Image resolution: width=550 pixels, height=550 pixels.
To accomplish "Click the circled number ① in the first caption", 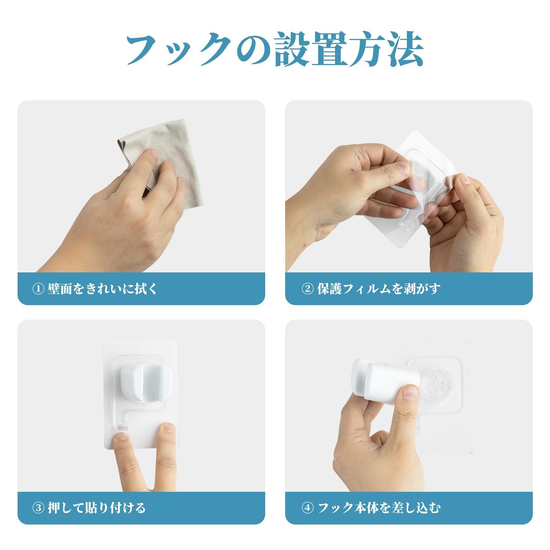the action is point(38,289).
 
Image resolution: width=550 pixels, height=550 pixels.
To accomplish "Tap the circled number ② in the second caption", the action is point(307,289).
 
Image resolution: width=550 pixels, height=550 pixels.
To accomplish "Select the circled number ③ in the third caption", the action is point(38,508).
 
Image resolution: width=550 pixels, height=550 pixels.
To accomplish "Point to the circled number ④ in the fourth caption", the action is point(307,508).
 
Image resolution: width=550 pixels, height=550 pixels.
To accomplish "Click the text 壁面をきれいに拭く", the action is point(103,289).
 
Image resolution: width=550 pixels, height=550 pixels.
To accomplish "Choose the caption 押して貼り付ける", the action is point(97,508).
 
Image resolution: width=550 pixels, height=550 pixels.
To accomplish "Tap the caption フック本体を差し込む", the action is point(378,508).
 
